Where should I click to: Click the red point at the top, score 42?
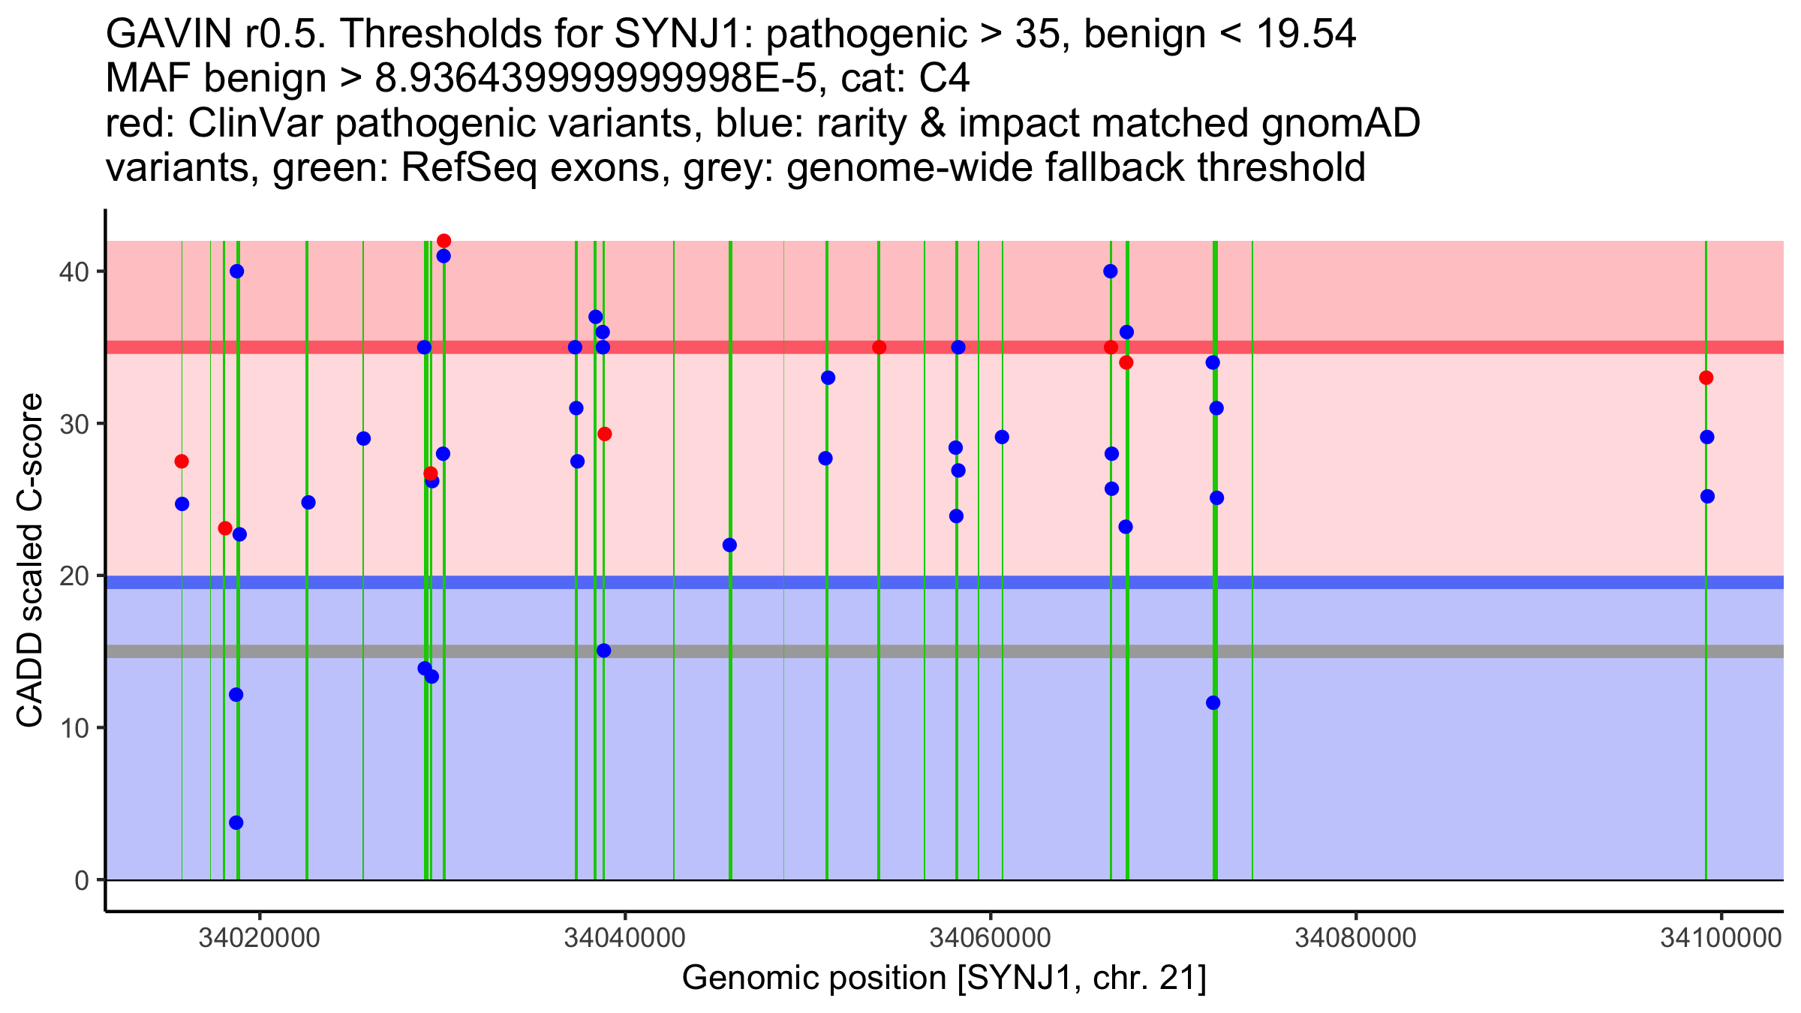pos(443,241)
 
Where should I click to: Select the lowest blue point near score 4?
pos(236,822)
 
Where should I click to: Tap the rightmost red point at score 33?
pos(1706,377)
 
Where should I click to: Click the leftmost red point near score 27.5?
pos(182,461)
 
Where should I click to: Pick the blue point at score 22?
pos(729,545)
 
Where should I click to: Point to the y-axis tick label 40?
pos(73,272)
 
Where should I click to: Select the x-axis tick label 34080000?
pos(1355,938)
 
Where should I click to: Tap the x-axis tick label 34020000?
pos(259,938)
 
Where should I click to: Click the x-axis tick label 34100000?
pos(1721,938)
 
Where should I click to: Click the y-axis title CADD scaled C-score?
pos(30,561)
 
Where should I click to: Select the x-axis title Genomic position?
pos(944,978)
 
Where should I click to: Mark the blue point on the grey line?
pos(603,650)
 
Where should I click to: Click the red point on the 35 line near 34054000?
pos(879,347)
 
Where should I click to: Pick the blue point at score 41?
pos(443,256)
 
